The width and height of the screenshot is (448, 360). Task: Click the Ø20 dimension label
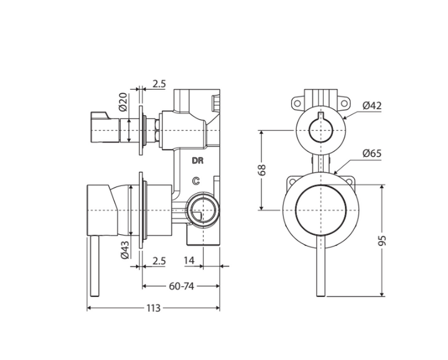(x=123, y=102)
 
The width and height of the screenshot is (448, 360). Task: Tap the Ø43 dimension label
(x=125, y=250)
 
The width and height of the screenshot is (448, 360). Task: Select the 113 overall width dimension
(x=154, y=308)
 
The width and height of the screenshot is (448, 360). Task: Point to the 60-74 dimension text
(x=182, y=286)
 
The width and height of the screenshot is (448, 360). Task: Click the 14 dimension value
(x=189, y=260)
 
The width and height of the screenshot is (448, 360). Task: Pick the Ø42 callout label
(x=372, y=105)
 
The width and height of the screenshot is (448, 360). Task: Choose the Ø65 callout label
(x=372, y=153)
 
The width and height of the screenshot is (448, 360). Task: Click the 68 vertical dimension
(x=262, y=170)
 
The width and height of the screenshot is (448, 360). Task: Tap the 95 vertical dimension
(x=382, y=241)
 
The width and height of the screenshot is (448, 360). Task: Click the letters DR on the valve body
(x=198, y=161)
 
